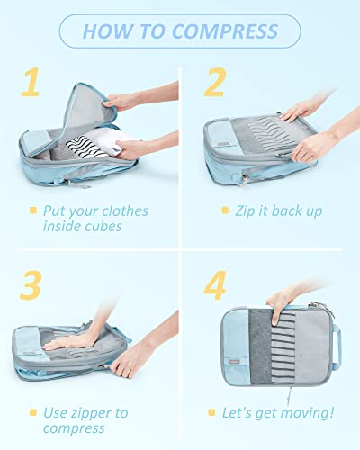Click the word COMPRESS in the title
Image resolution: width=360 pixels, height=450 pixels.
click(x=224, y=31)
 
